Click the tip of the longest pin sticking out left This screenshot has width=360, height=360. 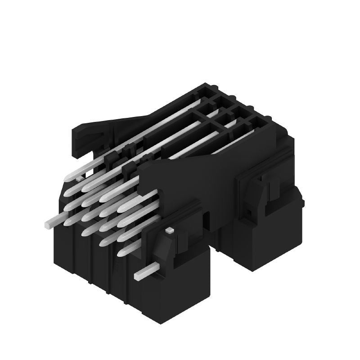click(48, 222)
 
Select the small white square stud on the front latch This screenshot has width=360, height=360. click(169, 230)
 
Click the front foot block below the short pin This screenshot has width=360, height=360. click(180, 288)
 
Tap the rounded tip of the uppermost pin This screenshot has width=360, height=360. click(68, 178)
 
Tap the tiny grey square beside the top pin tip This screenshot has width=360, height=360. click(80, 179)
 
